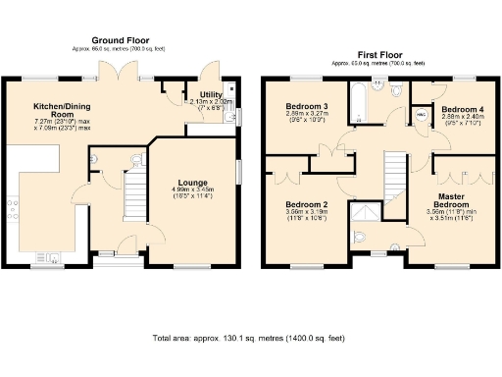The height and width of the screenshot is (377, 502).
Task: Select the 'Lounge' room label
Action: pos(193,181)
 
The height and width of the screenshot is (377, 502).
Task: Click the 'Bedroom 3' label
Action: pos(305,106)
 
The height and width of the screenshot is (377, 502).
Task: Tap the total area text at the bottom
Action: pos(250,339)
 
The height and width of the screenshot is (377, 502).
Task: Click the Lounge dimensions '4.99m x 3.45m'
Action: pos(193,189)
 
